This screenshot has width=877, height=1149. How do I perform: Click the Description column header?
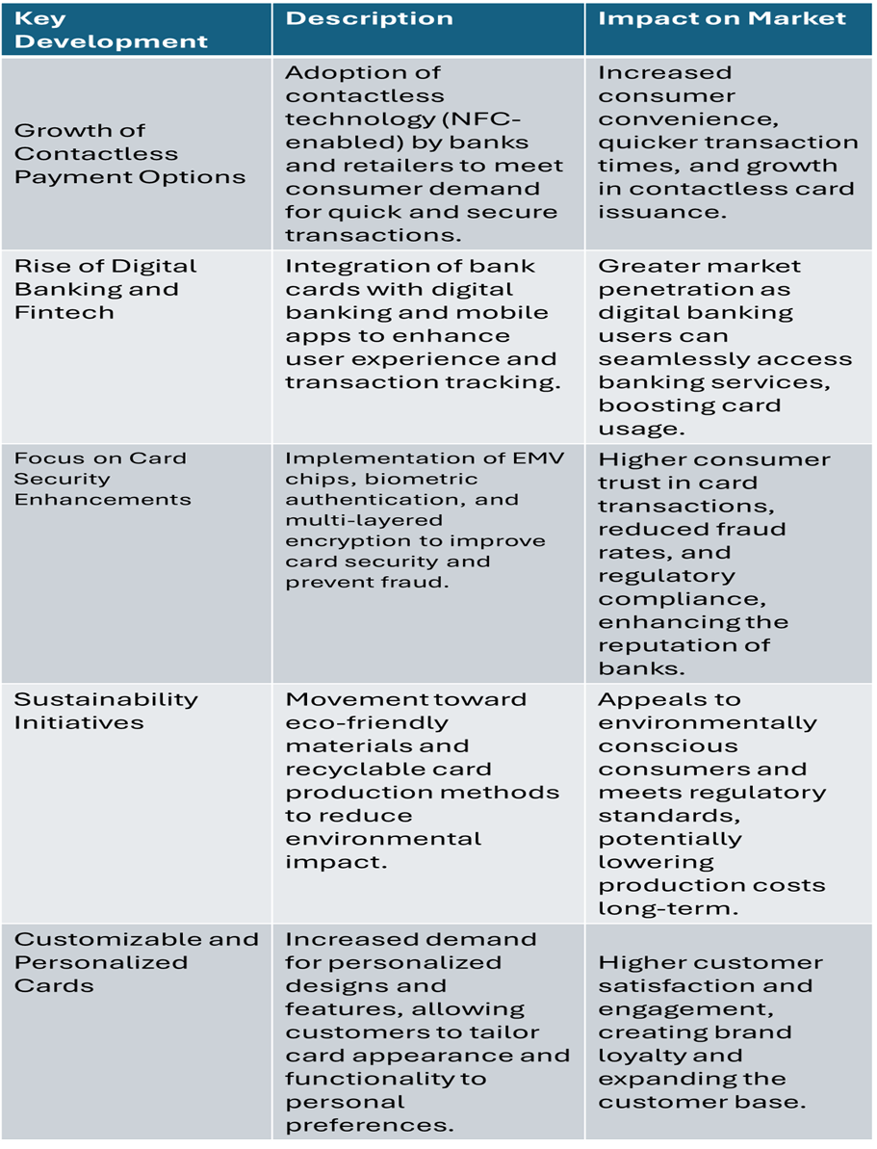point(370,18)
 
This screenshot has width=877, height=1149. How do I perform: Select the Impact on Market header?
point(722,18)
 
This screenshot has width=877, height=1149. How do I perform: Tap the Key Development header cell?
point(111,30)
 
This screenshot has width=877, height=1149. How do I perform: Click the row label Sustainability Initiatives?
point(106,711)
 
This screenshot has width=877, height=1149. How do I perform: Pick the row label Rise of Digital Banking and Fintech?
point(105,289)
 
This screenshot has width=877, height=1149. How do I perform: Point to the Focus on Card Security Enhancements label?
point(102,479)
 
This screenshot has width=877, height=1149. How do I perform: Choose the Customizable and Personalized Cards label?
point(136,962)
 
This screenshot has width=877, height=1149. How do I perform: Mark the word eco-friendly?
point(367,722)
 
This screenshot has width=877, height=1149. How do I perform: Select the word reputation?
point(684,645)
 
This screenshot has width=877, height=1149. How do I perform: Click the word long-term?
point(656,908)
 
